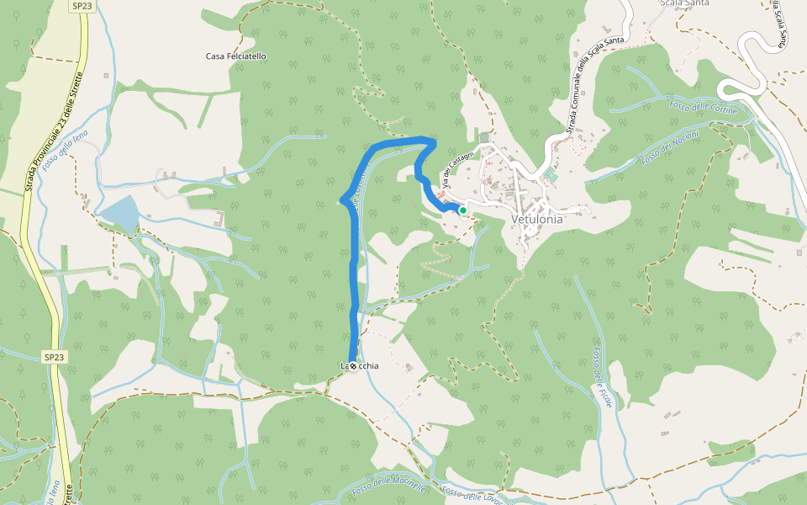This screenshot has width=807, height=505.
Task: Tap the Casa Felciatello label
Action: (236, 56)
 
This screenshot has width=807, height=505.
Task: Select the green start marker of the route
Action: (462, 210)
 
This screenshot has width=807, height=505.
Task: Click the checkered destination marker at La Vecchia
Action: (353, 366)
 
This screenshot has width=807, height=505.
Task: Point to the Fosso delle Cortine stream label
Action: (703, 107)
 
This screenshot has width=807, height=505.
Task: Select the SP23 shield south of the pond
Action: (54, 357)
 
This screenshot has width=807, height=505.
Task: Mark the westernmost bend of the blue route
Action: (341, 199)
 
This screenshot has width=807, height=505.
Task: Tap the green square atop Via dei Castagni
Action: (484, 137)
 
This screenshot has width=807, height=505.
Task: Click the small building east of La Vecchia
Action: (409, 368)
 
